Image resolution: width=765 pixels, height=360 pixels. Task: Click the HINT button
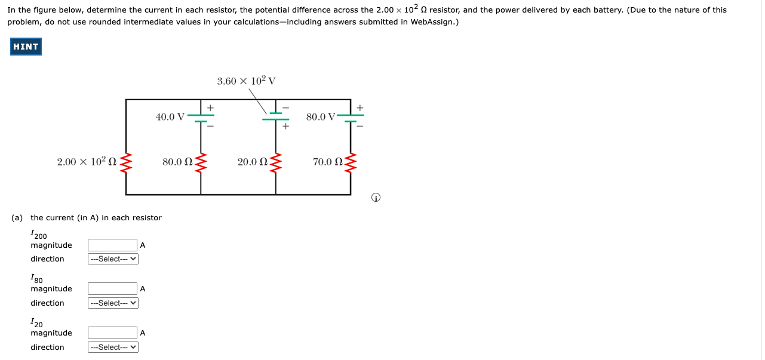pos(26,47)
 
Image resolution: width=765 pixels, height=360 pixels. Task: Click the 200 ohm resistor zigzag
pos(126,162)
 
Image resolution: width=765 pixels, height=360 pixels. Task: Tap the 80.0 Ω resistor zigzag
pos(201,162)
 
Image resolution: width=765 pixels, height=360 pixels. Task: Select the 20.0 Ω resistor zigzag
pos(275,162)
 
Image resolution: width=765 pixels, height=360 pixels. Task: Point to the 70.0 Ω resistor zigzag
pos(351,162)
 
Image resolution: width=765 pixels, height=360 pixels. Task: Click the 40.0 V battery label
pos(170,117)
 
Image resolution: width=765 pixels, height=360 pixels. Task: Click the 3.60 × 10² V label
pos(246,81)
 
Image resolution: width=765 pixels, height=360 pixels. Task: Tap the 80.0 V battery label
pos(321,117)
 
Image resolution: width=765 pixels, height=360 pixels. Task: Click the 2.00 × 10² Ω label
pos(87,162)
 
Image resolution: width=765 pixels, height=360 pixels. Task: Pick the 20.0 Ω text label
pos(251,162)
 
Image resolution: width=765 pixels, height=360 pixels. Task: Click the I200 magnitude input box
pos(112,245)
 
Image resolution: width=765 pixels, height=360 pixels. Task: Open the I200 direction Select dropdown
pos(113,259)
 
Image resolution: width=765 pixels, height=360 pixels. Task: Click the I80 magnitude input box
pos(112,288)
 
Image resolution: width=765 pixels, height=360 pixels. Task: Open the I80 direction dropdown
pos(113,303)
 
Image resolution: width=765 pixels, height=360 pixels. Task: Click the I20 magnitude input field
pos(112,333)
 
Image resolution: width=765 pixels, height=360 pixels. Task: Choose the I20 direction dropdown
pos(113,347)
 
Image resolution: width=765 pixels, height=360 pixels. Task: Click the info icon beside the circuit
pos(376,198)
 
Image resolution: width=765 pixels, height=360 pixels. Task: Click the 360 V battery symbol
pos(275,116)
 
